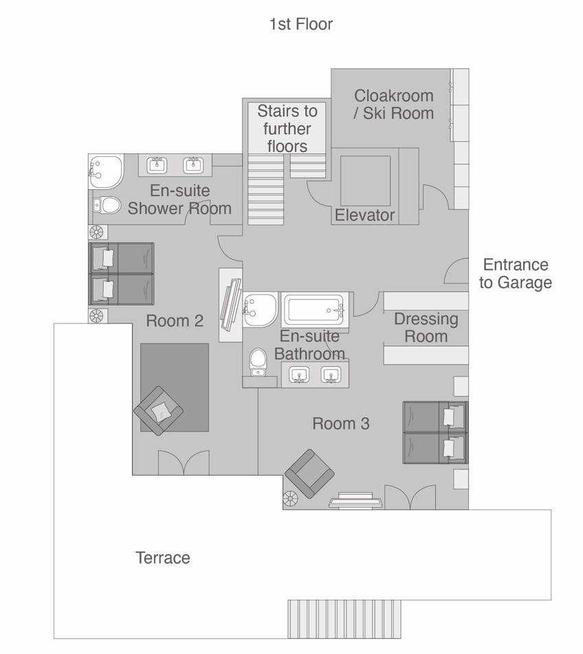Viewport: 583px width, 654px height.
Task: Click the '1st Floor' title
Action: tap(300, 25)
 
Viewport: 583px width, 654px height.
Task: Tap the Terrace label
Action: tap(162, 558)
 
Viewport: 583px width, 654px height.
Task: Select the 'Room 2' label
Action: tap(175, 321)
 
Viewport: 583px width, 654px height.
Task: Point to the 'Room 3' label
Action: tap(341, 423)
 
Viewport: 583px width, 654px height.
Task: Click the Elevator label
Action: tap(364, 215)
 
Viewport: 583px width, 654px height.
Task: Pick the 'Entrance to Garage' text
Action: tap(515, 274)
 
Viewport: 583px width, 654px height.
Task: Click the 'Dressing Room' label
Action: tap(426, 328)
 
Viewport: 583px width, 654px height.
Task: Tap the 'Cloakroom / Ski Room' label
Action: tap(393, 105)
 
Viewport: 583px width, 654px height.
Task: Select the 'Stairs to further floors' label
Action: tap(287, 129)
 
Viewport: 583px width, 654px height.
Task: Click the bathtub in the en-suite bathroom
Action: tap(314, 310)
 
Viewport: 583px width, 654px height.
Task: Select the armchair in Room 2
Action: tap(159, 411)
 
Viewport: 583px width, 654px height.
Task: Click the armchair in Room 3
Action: tap(309, 474)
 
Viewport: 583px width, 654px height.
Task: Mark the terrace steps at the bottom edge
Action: tap(344, 619)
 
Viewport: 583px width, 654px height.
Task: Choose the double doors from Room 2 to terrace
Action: tap(184, 463)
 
